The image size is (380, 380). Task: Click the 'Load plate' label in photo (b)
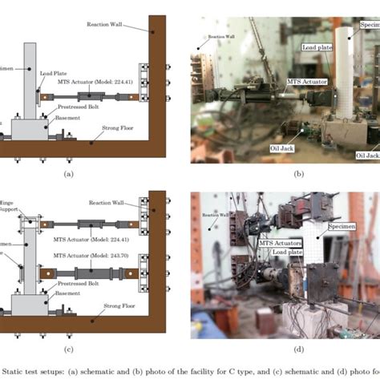(x=317, y=47)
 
